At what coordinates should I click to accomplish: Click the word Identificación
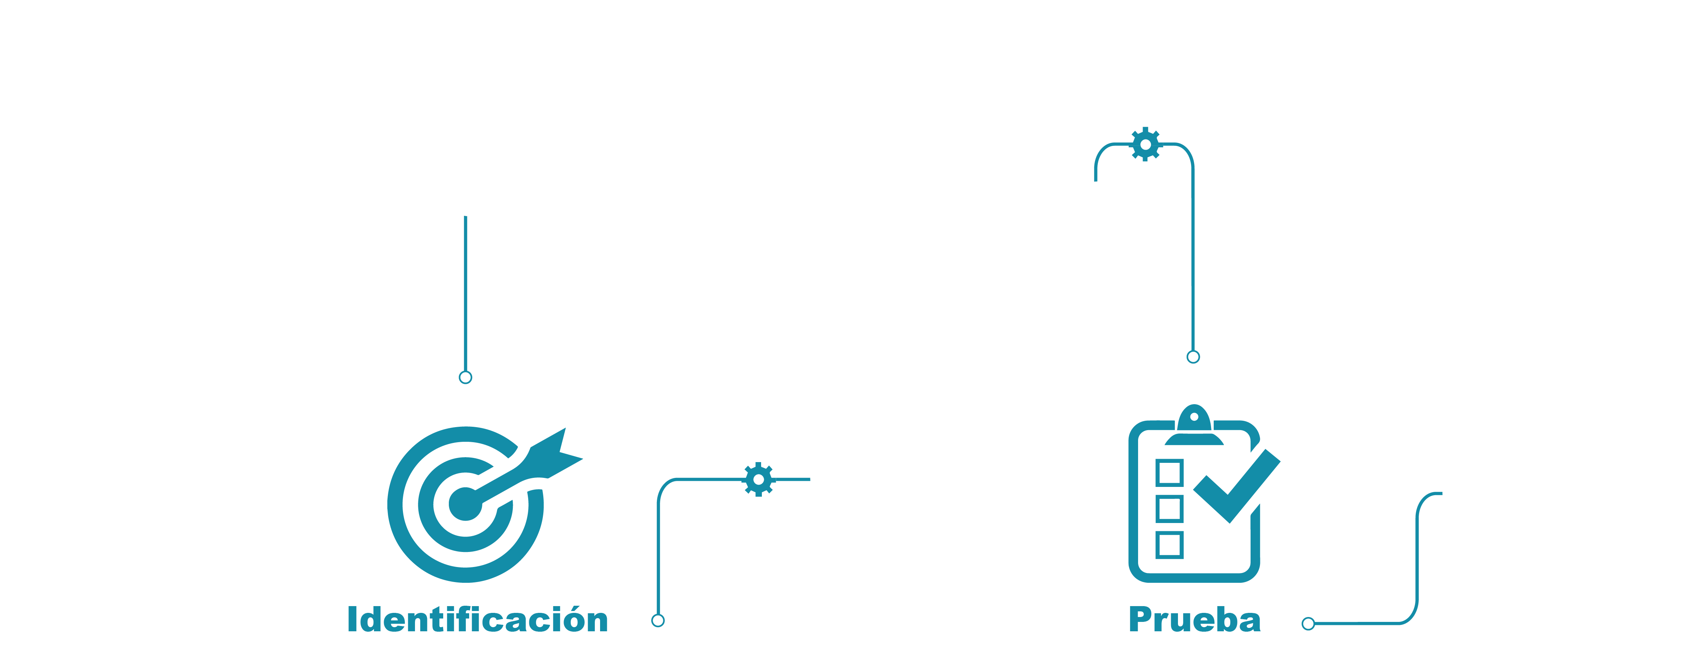477,620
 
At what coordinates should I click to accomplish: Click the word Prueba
1195,620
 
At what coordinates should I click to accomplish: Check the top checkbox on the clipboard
1169,472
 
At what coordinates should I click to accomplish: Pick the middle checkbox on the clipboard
1169,509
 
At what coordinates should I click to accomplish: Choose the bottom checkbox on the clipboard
1169,545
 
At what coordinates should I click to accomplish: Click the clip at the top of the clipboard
1194,425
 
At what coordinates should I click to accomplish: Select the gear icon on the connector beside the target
758,479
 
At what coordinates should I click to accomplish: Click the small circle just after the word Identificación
658,620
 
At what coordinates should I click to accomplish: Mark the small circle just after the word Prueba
1308,624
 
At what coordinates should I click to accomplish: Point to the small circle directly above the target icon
465,377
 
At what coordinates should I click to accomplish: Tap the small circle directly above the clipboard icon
1193,357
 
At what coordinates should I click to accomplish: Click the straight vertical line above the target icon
465,293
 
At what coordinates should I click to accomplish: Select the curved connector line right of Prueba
1417,557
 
